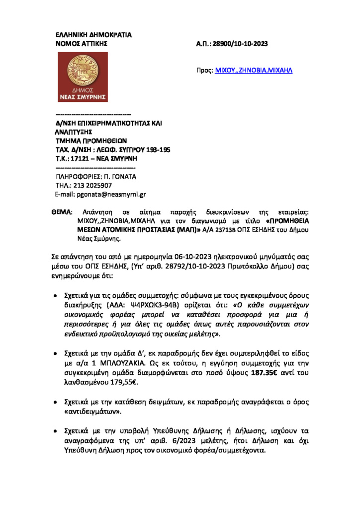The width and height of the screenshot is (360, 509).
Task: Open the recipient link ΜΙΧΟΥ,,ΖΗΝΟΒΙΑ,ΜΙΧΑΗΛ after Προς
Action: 254,71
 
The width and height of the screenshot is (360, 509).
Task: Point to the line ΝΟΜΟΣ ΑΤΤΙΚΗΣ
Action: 81,44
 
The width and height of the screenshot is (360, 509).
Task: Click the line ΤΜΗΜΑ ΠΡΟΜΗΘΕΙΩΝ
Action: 91,141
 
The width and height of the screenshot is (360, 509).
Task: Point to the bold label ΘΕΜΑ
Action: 62,212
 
